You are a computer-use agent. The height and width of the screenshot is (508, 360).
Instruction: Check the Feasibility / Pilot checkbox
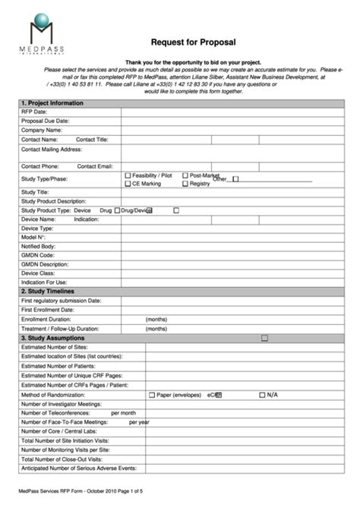click(x=128, y=175)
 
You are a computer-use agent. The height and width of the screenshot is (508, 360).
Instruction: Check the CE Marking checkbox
click(x=128, y=184)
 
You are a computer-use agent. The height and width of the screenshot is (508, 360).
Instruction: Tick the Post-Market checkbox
click(x=185, y=175)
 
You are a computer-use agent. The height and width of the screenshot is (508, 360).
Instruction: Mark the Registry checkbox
click(x=185, y=184)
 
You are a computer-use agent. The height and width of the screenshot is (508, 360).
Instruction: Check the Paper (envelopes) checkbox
click(x=151, y=395)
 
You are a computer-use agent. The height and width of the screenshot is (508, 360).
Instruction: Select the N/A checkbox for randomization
click(x=262, y=395)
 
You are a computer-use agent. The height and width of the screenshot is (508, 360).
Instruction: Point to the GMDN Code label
click(x=38, y=255)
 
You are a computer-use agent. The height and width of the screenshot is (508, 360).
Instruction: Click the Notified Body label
click(x=38, y=246)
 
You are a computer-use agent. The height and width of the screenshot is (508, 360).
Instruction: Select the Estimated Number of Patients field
click(x=243, y=366)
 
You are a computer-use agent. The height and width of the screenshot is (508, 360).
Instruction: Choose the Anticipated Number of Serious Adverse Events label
click(x=79, y=469)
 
